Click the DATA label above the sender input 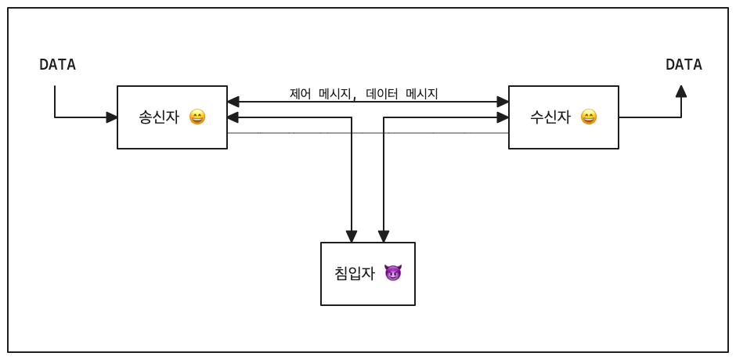click(57, 65)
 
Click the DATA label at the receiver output click(684, 65)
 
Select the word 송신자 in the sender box click(159, 117)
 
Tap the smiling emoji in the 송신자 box click(197, 117)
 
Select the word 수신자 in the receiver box click(550, 117)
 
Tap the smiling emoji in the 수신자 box click(589, 117)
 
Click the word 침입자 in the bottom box click(355, 273)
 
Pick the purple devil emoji click(393, 273)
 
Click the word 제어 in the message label click(300, 94)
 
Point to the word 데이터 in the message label click(381, 94)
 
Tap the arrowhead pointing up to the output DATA click(681, 92)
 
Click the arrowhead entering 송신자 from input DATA click(112, 117)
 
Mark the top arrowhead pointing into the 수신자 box click(503, 102)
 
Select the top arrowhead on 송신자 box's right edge click(233, 102)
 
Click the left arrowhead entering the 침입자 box click(352, 236)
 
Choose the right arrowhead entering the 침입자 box click(384, 236)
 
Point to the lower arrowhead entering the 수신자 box click(503, 117)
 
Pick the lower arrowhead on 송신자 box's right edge click(233, 117)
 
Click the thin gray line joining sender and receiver click(298, 133)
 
